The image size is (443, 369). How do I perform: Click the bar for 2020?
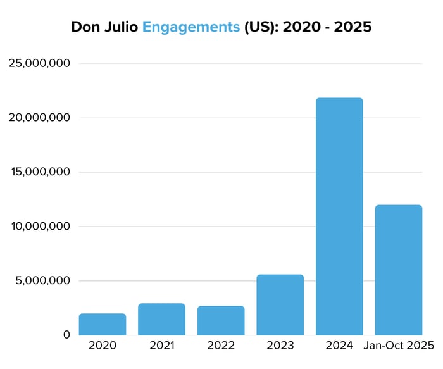pos(103,324)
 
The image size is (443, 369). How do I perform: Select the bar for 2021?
pos(161,319)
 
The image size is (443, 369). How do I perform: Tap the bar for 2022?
pos(221,320)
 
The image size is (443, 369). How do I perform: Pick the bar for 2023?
pos(280,304)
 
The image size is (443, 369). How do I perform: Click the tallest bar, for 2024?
pos(339,216)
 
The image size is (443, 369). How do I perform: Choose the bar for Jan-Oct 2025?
pos(399,270)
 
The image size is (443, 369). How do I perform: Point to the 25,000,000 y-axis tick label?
pos(39,63)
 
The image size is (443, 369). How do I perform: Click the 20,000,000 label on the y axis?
pos(39,118)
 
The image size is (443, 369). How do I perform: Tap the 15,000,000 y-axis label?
pos(39,172)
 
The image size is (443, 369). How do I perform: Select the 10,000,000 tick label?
pos(39,227)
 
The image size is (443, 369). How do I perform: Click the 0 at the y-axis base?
pos(65,335)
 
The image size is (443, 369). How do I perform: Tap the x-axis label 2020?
pos(103,346)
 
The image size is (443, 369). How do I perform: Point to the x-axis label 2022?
pos(221,346)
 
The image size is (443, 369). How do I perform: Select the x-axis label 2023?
pos(280,346)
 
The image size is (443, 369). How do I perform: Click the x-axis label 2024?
pos(339,346)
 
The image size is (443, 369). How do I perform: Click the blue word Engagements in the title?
pos(190,28)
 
